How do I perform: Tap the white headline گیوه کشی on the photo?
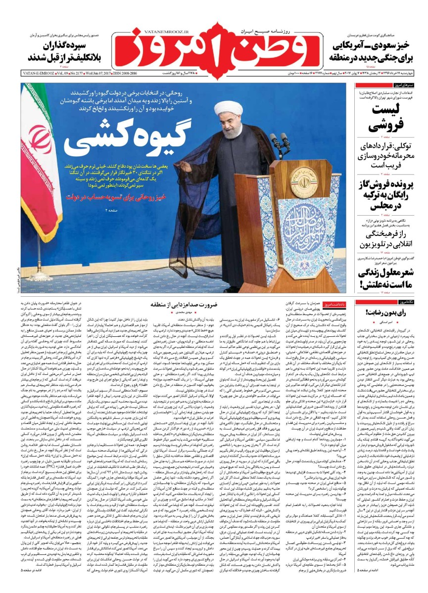(x=124, y=139)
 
